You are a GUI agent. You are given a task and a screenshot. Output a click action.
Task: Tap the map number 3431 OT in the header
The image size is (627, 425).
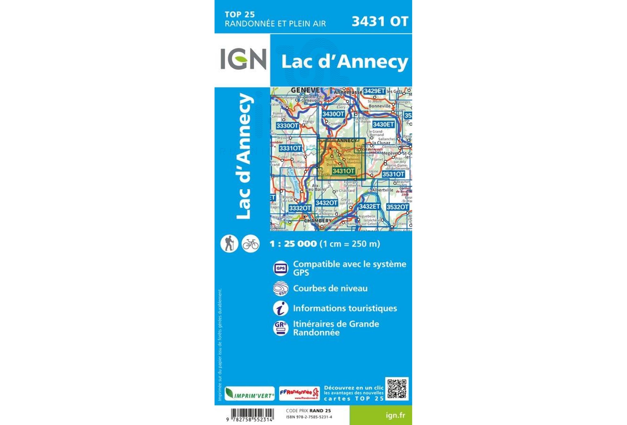(379, 22)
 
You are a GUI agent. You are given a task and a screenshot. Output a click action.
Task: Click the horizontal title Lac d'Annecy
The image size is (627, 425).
(344, 62)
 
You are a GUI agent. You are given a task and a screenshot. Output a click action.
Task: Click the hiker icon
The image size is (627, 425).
(229, 243)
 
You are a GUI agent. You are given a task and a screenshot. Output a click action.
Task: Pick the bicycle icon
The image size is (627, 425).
(250, 244)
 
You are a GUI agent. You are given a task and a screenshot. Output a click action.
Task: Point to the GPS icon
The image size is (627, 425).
(281, 268)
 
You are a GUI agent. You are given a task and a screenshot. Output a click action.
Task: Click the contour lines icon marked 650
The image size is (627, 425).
(281, 289)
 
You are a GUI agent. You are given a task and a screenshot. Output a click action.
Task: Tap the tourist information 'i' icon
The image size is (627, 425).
(281, 308)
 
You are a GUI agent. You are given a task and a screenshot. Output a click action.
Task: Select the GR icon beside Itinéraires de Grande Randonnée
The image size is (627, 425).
(281, 328)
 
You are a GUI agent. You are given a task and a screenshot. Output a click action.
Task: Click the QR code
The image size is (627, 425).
(397, 389)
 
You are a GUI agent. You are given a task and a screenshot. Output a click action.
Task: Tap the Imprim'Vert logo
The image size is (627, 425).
(249, 394)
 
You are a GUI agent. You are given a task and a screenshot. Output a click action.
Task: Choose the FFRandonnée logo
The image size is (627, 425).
(299, 394)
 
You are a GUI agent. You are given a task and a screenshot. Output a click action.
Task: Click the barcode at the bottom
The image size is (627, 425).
(252, 414)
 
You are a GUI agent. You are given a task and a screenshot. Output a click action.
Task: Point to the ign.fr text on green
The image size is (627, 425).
(395, 415)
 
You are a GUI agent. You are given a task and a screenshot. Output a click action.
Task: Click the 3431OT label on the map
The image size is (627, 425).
(343, 171)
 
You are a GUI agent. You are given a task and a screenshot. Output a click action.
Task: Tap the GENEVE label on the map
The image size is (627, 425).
(305, 90)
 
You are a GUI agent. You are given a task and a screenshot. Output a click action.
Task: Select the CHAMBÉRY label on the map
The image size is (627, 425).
(318, 221)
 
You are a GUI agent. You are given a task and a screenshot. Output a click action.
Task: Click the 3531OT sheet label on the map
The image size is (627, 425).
(393, 174)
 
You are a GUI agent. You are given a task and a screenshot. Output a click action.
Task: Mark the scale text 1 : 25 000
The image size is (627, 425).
(293, 244)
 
